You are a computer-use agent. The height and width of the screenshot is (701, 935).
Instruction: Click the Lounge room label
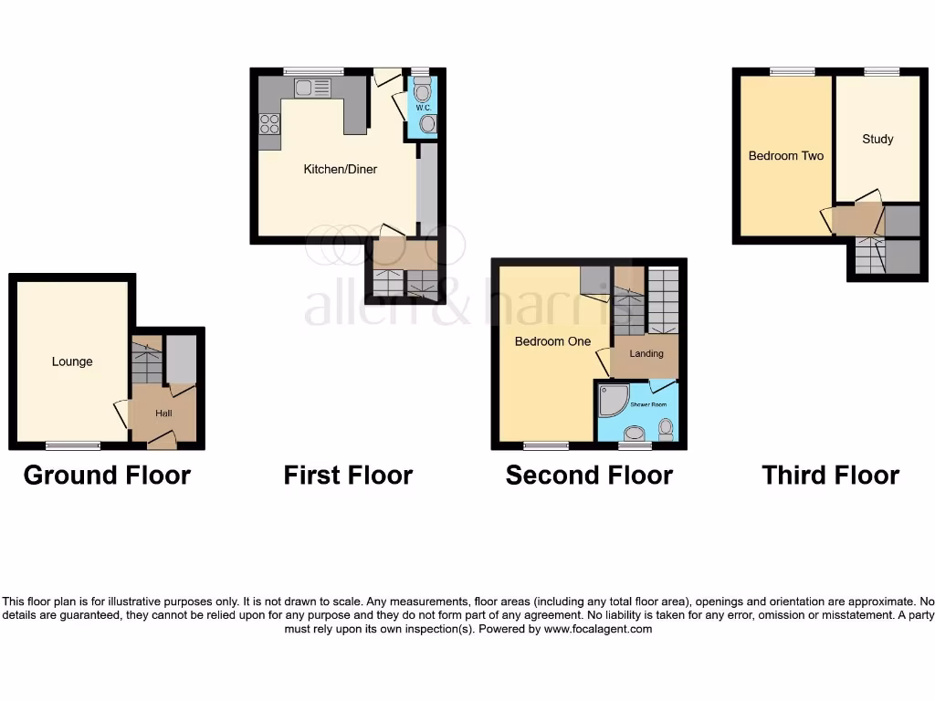click(72, 361)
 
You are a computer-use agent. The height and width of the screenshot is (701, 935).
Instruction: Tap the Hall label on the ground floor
click(163, 413)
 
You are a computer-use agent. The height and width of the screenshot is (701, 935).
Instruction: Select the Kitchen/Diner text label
click(340, 169)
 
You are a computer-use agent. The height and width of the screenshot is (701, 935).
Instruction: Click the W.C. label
click(423, 108)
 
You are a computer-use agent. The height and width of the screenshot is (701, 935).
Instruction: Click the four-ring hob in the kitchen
click(269, 124)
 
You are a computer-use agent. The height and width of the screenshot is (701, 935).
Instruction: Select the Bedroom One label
click(552, 341)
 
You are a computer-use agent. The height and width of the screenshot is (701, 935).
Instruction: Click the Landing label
click(646, 353)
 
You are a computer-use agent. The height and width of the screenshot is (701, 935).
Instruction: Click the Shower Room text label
click(647, 403)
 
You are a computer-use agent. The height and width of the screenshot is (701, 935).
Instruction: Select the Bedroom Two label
click(785, 156)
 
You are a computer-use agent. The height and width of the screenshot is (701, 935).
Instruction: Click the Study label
click(877, 139)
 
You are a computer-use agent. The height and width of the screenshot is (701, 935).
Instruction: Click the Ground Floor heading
click(107, 476)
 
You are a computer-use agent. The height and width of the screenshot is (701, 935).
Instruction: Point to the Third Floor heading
click(830, 476)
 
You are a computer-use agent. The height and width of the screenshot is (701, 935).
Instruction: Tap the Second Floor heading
click(589, 476)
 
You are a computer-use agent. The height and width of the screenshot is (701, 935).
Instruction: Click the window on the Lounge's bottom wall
click(73, 445)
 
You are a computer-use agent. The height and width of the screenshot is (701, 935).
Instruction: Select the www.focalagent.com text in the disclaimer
click(598, 629)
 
